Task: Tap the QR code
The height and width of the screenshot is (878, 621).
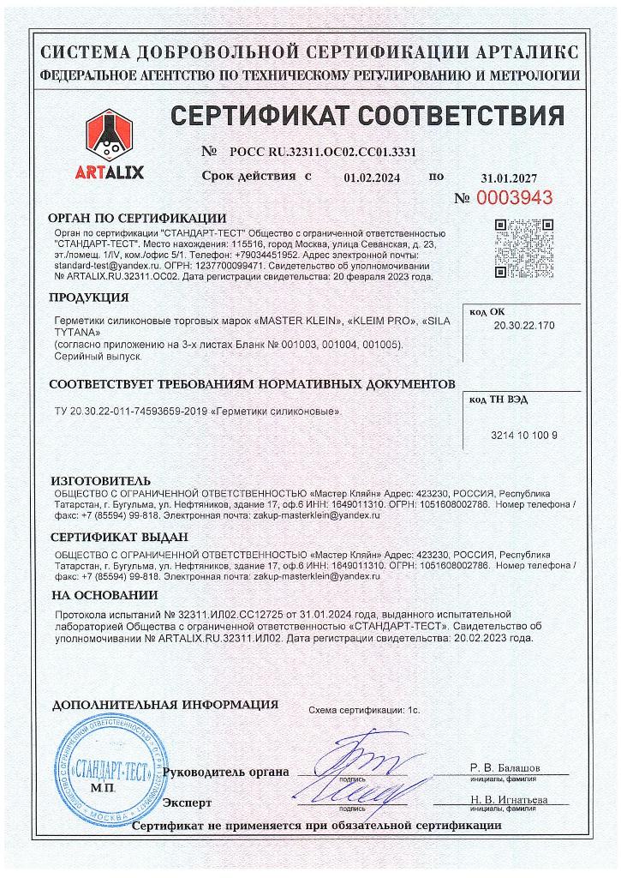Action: click(x=523, y=247)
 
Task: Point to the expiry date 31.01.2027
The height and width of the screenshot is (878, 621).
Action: click(x=509, y=178)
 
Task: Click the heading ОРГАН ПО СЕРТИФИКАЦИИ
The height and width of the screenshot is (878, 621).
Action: click(x=137, y=218)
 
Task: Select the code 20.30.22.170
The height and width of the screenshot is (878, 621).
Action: click(x=524, y=326)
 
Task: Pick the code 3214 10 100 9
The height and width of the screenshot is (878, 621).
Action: click(x=524, y=436)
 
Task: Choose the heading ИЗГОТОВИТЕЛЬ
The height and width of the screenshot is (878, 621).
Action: click(x=100, y=481)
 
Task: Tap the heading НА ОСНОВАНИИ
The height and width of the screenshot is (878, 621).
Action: click(x=104, y=596)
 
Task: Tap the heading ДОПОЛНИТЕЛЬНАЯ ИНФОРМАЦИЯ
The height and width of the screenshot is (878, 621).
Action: click(x=165, y=705)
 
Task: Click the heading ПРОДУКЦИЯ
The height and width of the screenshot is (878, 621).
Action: click(x=88, y=298)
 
